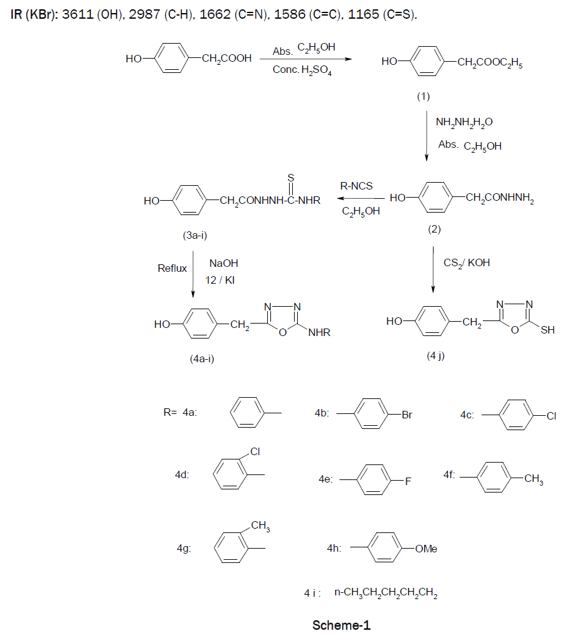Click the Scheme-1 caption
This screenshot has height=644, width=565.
(341, 625)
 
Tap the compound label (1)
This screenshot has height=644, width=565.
(424, 97)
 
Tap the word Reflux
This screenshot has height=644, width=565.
(172, 269)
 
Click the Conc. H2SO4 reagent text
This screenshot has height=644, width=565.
(301, 70)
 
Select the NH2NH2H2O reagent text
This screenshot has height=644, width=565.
(463, 122)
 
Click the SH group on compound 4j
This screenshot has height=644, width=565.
(547, 330)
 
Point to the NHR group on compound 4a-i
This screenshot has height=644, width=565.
(319, 333)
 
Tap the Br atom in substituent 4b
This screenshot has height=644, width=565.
(406, 415)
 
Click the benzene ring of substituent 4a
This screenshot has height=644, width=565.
(249, 413)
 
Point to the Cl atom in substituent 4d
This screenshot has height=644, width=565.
(255, 451)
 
